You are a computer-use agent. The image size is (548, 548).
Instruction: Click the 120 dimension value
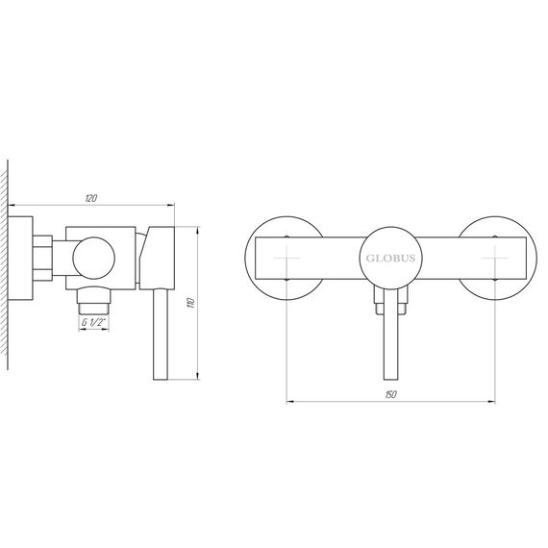(91, 198)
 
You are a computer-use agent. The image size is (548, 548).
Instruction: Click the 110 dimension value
(190, 303)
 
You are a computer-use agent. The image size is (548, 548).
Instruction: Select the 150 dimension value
(390, 394)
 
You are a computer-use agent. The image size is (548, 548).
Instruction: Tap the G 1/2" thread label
(93, 322)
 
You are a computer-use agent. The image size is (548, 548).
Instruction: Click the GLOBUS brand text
(390, 259)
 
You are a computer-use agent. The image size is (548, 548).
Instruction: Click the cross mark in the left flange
(286, 259)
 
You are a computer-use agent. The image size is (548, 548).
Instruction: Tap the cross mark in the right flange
(495, 259)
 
